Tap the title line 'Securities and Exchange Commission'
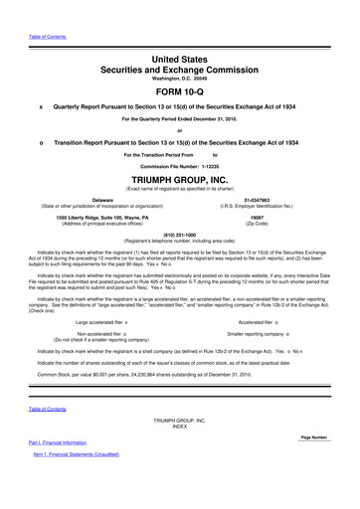coord(179,59)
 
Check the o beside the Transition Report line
coord(40,143)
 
